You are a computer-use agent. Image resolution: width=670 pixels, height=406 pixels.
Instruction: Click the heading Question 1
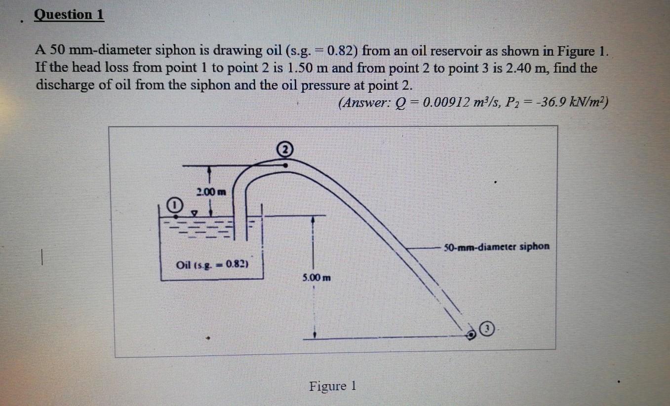tap(69, 15)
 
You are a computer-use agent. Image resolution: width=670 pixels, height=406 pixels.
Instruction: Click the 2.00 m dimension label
tap(211, 192)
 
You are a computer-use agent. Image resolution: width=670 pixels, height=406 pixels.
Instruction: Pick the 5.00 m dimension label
tap(316, 277)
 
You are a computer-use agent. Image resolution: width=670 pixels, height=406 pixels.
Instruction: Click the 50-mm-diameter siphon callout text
tap(496, 246)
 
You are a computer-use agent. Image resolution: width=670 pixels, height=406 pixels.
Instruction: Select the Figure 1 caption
tap(332, 385)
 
